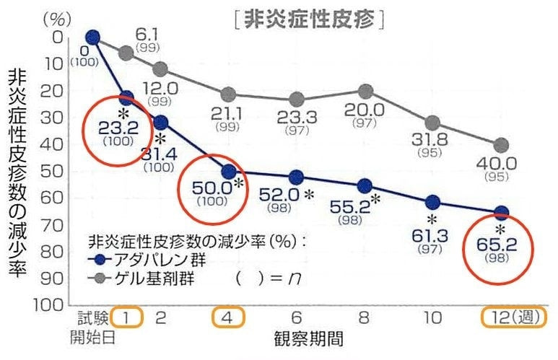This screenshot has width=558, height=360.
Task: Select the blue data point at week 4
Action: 228,172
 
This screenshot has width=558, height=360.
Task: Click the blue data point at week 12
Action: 502,212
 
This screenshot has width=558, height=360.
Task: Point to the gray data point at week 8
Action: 365,92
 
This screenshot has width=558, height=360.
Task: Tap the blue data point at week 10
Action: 433,203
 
